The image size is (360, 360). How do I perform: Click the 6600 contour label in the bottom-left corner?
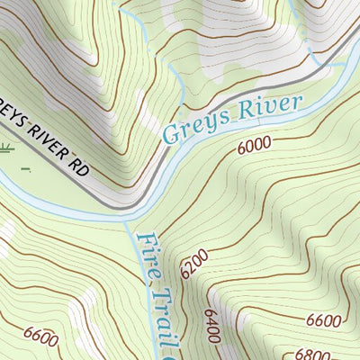41,339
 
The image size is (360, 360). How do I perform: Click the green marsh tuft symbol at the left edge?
6,148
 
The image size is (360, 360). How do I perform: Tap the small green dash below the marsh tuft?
26,167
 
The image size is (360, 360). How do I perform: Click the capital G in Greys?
171,133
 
